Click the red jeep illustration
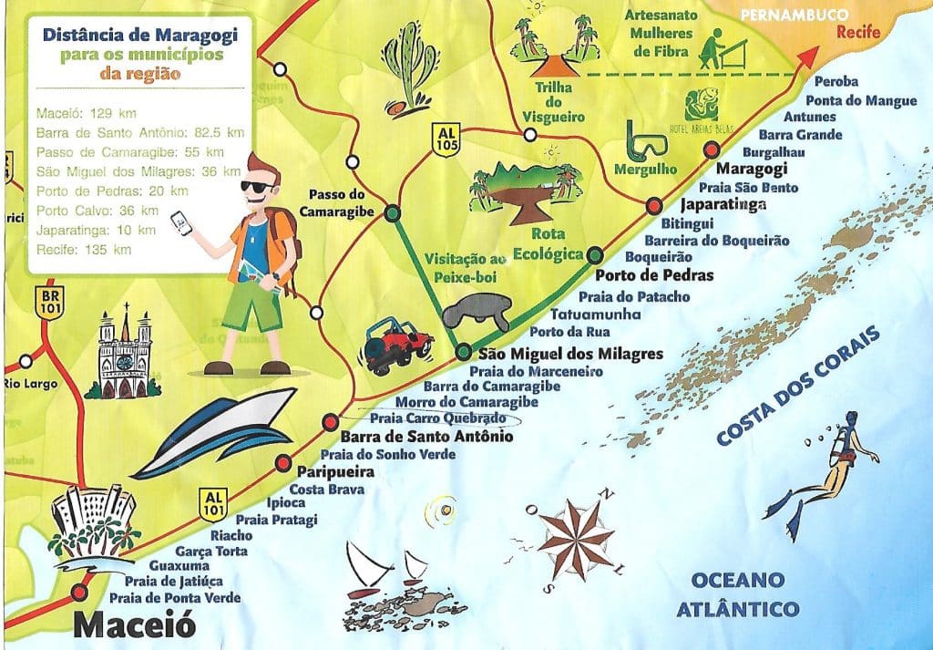pyautogui.click(x=398, y=345)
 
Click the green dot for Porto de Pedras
pyautogui.click(x=595, y=254)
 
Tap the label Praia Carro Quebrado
pyautogui.click(x=438, y=418)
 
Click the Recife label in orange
pyautogui.click(x=859, y=34)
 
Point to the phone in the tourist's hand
pyautogui.click(x=186, y=222)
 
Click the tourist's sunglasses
pyautogui.click(x=259, y=187)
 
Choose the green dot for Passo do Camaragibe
pyautogui.click(x=392, y=213)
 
